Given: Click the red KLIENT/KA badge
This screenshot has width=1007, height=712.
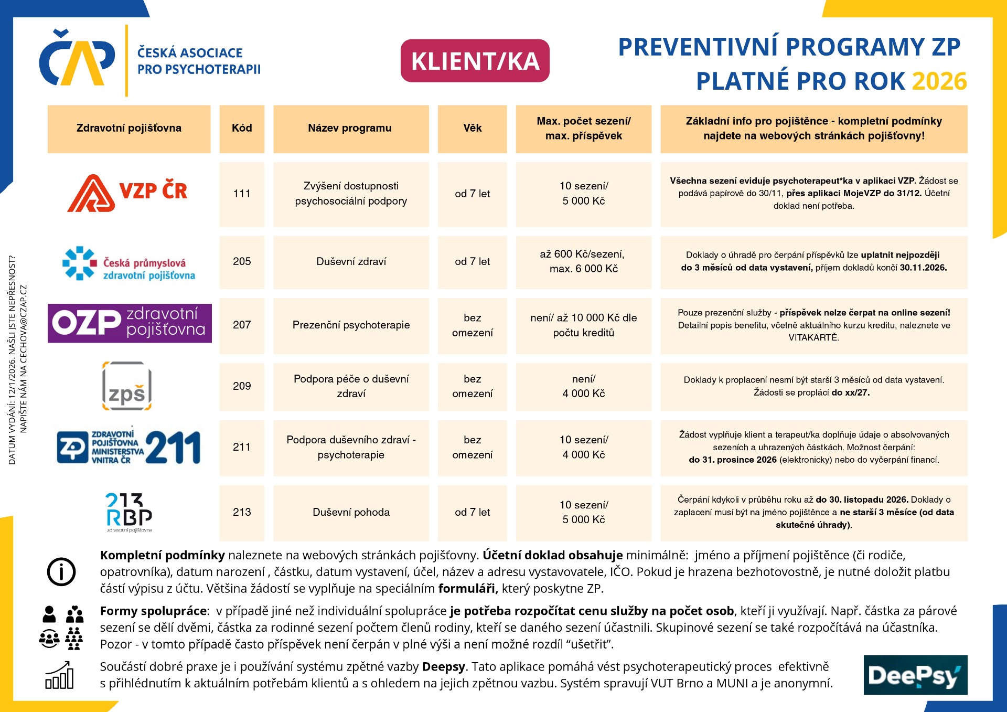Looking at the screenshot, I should [475, 61].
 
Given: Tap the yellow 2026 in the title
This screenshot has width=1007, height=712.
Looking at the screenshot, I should [939, 81].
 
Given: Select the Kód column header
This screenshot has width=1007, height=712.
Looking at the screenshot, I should [242, 129].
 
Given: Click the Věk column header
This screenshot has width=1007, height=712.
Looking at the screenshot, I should [472, 129].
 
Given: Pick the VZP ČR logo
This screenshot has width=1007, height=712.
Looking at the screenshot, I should [127, 193].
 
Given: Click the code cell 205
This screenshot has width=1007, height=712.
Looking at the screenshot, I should [242, 261].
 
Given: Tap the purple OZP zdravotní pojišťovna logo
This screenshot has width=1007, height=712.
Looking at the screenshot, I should [130, 323].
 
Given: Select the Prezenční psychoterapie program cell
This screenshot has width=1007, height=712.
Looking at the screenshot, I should [351, 325].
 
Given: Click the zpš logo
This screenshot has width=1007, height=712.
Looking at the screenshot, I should [127, 386].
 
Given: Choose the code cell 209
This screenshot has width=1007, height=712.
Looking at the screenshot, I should [242, 386].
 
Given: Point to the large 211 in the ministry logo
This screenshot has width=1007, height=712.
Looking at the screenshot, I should [173, 448].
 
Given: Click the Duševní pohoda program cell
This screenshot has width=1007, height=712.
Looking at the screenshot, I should [351, 512].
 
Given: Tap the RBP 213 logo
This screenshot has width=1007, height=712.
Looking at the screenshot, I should [129, 512].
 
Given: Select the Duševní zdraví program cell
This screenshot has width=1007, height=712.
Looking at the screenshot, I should [351, 261].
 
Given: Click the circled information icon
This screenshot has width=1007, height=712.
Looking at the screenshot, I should [61, 571].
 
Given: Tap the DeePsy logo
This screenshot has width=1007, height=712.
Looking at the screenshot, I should [915, 675].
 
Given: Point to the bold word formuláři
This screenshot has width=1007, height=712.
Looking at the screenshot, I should [467, 589].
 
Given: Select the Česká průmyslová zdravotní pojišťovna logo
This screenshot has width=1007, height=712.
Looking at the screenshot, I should [129, 263].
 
